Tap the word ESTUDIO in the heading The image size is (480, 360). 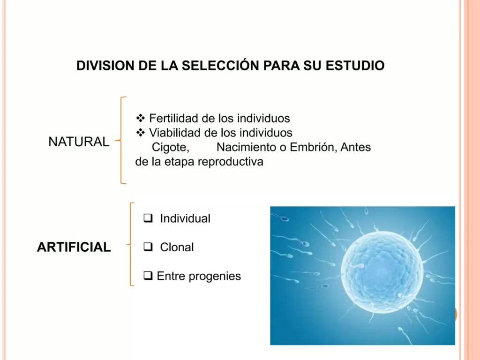(355, 66)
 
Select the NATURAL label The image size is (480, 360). (79, 142)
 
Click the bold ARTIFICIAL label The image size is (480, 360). (74, 247)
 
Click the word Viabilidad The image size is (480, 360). (175, 133)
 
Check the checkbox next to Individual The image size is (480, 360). (148, 218)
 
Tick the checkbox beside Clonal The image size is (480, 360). (148, 247)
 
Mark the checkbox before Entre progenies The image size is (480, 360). (148, 276)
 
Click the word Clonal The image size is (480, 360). (177, 247)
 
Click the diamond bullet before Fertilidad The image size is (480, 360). (141, 118)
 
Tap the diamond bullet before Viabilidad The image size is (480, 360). (141, 133)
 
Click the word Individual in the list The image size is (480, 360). (185, 218)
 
